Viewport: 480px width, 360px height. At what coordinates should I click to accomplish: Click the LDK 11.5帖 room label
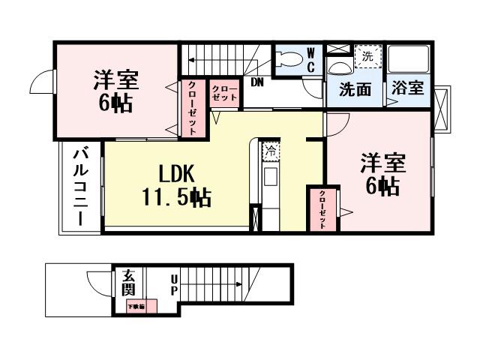point(176,185)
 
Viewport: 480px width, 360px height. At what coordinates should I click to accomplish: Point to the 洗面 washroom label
point(355,89)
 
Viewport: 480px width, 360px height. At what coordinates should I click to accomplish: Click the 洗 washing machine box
point(367,55)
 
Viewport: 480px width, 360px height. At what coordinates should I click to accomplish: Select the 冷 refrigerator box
point(270,151)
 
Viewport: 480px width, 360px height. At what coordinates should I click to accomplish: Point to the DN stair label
point(257,82)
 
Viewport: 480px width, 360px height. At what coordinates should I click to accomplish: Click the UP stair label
point(174,284)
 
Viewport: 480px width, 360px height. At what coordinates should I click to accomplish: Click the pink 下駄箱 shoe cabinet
point(141,306)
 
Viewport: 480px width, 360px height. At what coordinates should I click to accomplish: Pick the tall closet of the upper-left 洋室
point(191,108)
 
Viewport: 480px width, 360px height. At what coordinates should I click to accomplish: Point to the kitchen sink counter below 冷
point(270,180)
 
